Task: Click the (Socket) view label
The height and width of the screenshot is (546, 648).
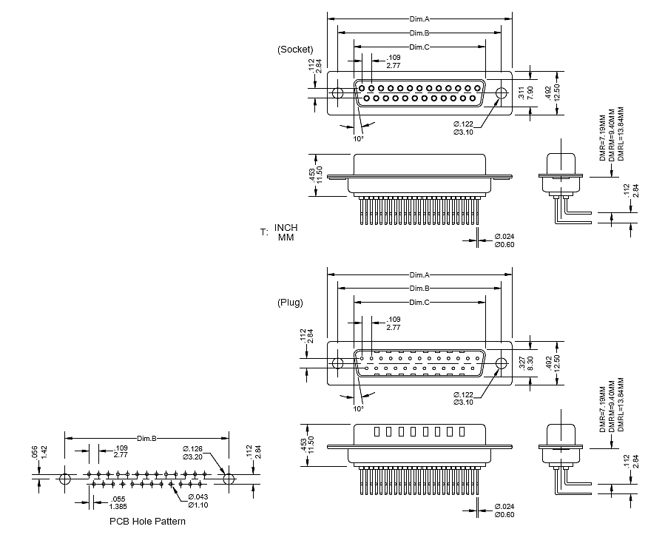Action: [295, 50]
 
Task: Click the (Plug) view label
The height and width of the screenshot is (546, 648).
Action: [291, 303]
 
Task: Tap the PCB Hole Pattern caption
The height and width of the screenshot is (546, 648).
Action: [147, 521]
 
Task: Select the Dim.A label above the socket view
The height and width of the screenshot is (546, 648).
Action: [419, 19]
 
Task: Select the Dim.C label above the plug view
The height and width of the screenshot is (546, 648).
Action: [419, 303]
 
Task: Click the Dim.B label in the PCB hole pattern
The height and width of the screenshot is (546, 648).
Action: [146, 439]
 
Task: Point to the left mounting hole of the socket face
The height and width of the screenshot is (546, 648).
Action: [337, 94]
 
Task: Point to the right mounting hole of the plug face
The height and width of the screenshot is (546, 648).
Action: [502, 363]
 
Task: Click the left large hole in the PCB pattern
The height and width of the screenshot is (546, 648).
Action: [65, 479]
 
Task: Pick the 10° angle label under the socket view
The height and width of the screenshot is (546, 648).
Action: [358, 138]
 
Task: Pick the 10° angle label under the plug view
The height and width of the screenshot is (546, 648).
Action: [358, 408]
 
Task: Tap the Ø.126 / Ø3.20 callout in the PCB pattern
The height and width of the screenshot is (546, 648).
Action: [193, 453]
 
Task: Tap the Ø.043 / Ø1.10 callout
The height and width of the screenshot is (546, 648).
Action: [198, 500]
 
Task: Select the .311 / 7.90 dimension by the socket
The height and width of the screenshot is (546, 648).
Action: [524, 93]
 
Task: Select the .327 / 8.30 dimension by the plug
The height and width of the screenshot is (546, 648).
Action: [524, 363]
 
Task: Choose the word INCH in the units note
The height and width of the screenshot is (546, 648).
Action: [285, 227]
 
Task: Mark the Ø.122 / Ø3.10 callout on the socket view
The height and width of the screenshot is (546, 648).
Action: [463, 128]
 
